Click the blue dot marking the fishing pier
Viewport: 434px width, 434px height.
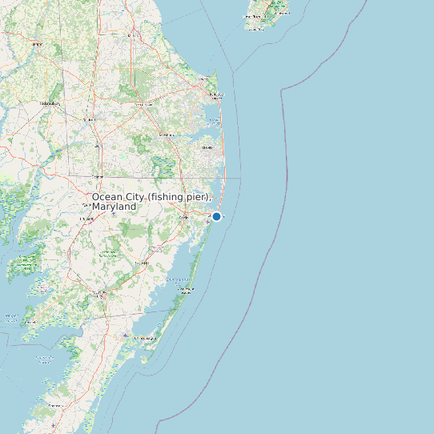point(216,216)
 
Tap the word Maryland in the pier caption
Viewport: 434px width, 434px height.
point(114,207)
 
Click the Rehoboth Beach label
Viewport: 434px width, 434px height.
point(214,94)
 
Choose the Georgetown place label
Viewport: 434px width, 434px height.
point(144,104)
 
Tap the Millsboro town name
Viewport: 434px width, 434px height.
point(167,135)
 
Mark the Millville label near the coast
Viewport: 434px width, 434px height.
point(207,147)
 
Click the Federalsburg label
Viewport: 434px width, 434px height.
point(50,103)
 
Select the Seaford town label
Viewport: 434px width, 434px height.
point(88,119)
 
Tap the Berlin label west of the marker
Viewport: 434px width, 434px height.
point(183,217)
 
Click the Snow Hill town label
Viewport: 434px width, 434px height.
point(142,263)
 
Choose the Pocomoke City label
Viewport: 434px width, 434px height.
point(100,293)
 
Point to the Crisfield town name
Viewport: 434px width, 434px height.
point(30,322)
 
